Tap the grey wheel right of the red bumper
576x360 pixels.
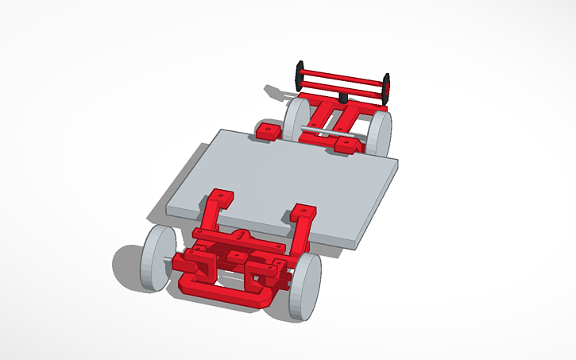click(x=307, y=286)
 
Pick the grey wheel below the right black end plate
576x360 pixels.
click(x=381, y=133)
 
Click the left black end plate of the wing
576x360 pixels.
click(x=300, y=75)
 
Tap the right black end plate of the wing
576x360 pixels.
click(x=387, y=88)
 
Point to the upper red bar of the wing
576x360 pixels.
click(x=342, y=76)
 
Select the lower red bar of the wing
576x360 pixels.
click(x=342, y=88)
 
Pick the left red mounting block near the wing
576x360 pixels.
click(x=268, y=130)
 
